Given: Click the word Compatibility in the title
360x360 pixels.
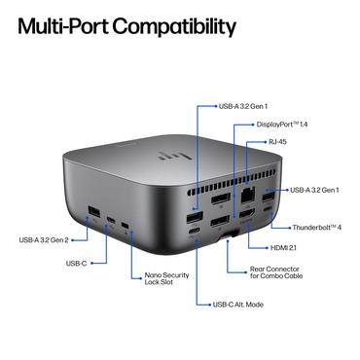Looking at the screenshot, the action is click(174, 25).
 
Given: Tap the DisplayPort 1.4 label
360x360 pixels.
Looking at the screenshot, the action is click(282, 125).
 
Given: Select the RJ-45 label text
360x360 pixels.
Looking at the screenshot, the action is click(276, 142).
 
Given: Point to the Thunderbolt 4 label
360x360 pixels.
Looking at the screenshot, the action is click(316, 227).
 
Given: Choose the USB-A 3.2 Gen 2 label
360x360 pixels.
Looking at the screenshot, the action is click(46, 239).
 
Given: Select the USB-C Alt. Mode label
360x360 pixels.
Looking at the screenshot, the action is click(237, 304).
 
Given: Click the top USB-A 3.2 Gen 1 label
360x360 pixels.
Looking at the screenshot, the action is click(243, 105).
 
